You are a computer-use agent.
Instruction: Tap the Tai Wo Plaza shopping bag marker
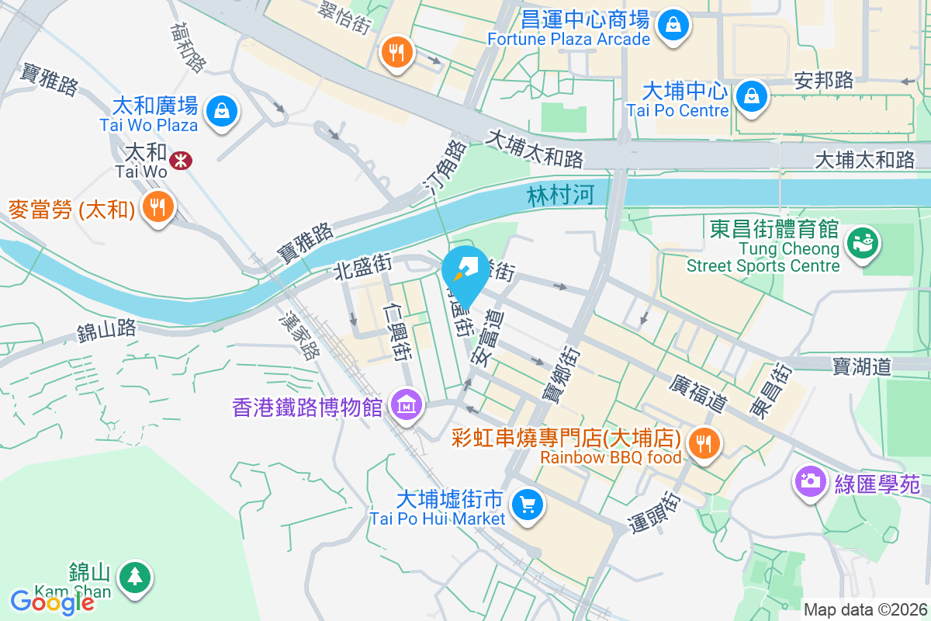[x=223, y=111]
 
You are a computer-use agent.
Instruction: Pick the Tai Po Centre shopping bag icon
[x=752, y=96]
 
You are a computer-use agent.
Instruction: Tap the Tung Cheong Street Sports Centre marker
[x=863, y=242]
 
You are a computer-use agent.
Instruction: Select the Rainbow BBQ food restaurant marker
[x=704, y=444]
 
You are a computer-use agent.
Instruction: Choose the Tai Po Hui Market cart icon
[x=528, y=506]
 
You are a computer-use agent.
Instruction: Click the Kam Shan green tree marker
[x=136, y=576]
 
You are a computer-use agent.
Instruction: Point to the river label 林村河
[x=561, y=195]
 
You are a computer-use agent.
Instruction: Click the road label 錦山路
[x=106, y=331]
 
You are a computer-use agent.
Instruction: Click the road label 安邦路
[x=824, y=80]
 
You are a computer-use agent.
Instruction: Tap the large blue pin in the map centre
[x=465, y=272]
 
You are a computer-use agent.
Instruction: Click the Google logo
[x=52, y=602]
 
